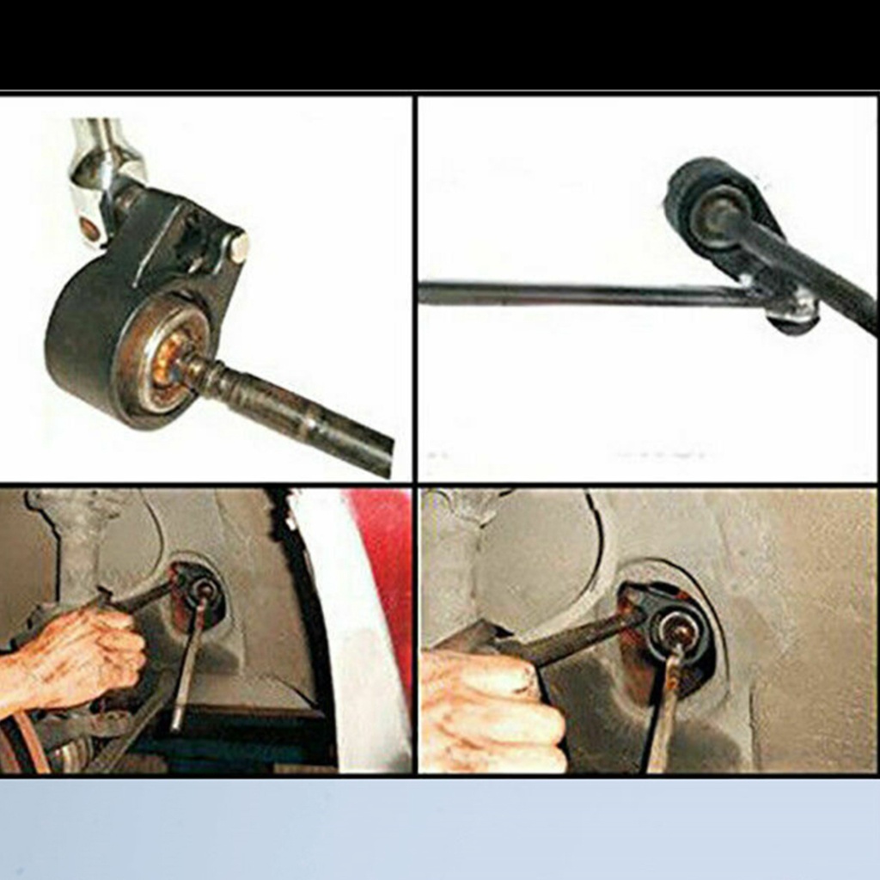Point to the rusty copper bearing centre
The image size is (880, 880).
pos(167,356)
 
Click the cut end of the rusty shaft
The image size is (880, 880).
pos(382,455)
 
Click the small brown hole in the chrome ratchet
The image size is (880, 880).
pos(89,229)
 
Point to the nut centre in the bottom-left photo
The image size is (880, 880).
pos(205,589)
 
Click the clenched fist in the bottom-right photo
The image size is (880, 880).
pos(490,713)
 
